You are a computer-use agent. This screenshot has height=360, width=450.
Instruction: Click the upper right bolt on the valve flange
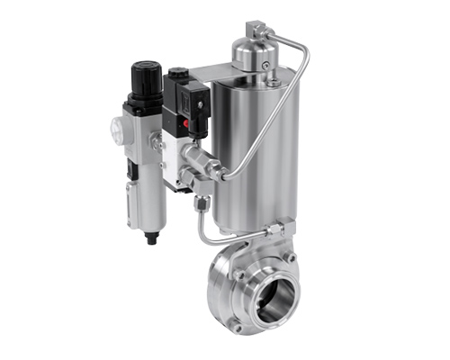[x=291, y=257]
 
